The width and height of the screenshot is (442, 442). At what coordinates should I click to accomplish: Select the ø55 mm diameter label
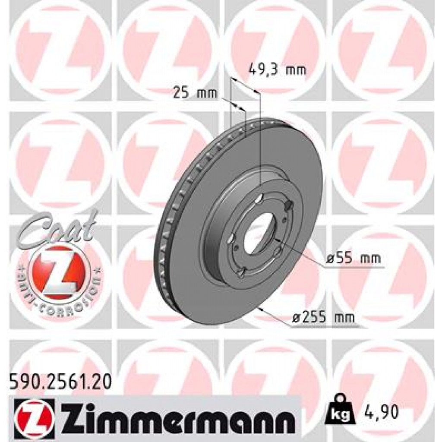point(354,259)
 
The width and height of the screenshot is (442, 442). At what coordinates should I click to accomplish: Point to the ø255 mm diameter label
point(323,318)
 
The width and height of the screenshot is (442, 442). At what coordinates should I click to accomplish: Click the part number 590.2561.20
point(60,381)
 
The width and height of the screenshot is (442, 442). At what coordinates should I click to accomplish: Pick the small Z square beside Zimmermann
point(35,416)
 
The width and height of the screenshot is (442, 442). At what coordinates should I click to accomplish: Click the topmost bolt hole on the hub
point(259,199)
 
